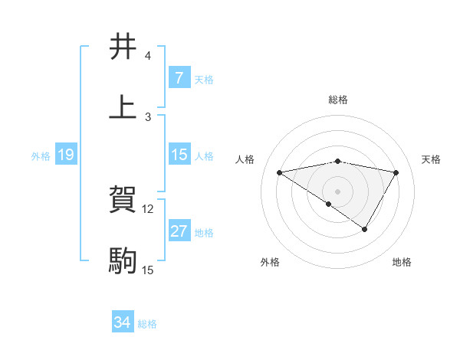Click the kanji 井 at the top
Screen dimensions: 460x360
(x=123, y=47)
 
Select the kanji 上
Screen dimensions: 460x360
(x=123, y=106)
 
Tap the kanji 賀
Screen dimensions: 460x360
(x=123, y=200)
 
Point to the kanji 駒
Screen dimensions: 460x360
(x=123, y=260)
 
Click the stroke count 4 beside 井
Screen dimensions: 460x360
(x=147, y=56)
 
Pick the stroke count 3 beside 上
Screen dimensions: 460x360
(x=147, y=116)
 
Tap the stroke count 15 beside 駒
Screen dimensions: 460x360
(x=147, y=270)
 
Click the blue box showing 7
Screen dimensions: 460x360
(x=179, y=78)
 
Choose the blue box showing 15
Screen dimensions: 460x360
(x=179, y=155)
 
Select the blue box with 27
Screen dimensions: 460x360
(x=179, y=231)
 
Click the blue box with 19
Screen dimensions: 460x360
(x=66, y=155)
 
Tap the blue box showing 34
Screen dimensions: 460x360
(x=123, y=323)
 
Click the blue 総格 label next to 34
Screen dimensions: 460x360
(x=147, y=324)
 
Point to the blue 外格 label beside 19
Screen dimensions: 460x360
(x=41, y=155)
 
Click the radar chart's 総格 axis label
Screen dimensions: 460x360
(x=337, y=100)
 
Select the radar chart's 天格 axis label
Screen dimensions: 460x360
(x=432, y=159)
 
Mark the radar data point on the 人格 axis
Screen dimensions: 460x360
(x=280, y=172)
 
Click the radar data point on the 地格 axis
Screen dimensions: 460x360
(x=365, y=229)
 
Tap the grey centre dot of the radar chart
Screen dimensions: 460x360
(x=337, y=191)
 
